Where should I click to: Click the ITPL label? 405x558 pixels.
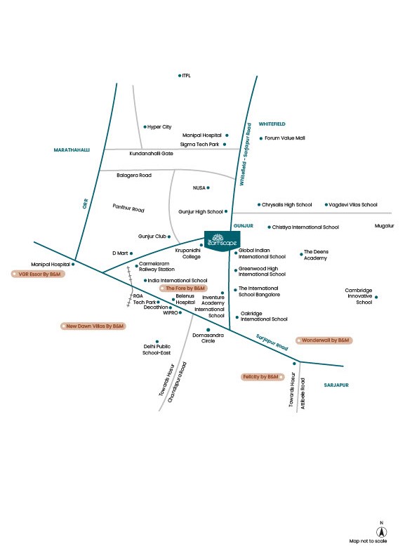[186, 75]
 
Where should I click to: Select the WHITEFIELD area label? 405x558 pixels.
[272, 124]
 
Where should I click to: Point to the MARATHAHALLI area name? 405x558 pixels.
[72, 150]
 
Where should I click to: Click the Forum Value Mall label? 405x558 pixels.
[285, 138]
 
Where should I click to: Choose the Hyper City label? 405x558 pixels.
[159, 126]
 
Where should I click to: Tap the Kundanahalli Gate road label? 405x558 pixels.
[151, 154]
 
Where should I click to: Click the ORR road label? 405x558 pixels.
[85, 204]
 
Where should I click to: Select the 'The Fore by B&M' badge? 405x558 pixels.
[183, 288]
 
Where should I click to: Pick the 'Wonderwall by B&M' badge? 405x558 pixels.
[324, 340]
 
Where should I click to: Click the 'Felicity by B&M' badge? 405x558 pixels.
[263, 376]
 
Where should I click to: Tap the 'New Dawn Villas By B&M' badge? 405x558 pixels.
[93, 326]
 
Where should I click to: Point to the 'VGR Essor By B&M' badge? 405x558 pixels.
[38, 274]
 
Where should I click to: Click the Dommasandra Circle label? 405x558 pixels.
[208, 338]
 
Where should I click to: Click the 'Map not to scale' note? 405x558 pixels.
[368, 541]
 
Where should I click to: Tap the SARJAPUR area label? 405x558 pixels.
[336, 385]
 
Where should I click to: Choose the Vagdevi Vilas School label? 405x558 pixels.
[352, 205]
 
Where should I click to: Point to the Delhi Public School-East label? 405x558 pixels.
[157, 350]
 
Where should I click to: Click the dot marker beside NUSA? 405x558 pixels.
[208, 187]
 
